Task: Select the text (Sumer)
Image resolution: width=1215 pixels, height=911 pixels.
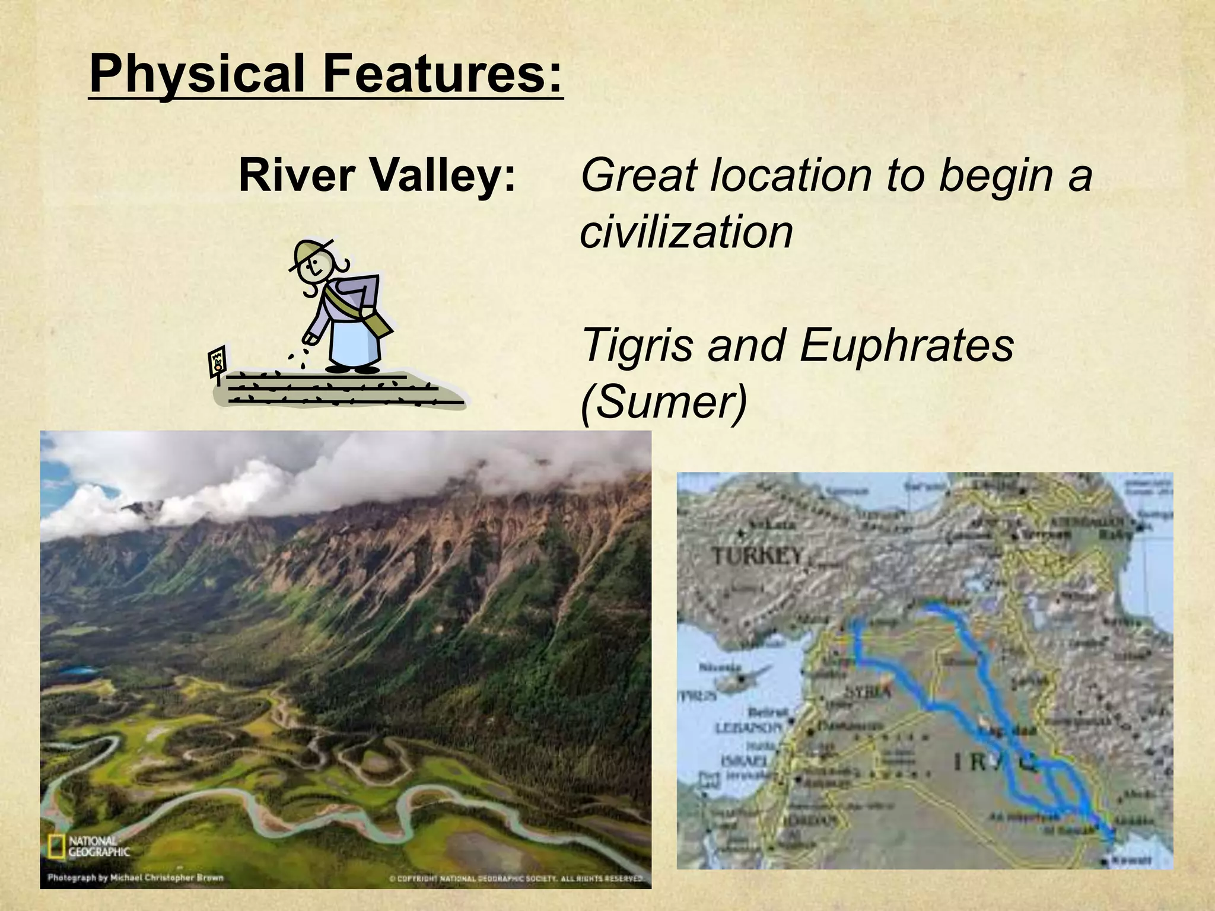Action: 663,402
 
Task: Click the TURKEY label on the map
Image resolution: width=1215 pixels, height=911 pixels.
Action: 758,556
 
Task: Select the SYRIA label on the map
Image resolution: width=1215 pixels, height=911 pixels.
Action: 867,692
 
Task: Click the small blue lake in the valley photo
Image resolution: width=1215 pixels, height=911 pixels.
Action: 77,671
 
